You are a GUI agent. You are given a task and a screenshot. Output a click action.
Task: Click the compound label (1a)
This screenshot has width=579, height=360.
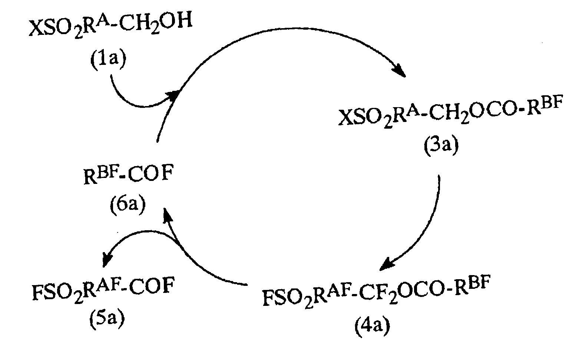(108, 59)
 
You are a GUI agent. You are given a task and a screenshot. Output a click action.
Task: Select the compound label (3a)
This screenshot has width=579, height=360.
(441, 146)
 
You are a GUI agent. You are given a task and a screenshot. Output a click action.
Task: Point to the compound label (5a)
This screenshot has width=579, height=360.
(107, 319)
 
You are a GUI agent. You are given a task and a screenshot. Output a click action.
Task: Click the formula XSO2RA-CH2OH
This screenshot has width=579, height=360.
(110, 25)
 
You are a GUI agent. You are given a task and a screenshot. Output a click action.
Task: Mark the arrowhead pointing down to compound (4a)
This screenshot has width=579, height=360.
(388, 264)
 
